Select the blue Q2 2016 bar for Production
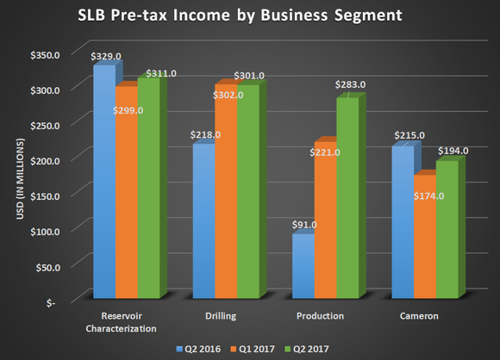[x=303, y=267]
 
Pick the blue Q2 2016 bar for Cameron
[x=403, y=224]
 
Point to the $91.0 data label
[x=305, y=226]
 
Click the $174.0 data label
[x=428, y=196]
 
